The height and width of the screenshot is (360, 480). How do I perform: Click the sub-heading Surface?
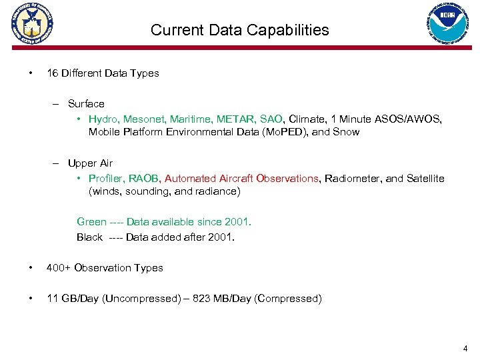pyautogui.click(x=86, y=104)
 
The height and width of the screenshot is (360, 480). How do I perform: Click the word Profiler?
pyautogui.click(x=105, y=179)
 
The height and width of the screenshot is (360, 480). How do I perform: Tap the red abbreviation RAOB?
pyautogui.click(x=143, y=179)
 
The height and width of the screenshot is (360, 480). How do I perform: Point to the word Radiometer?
pyautogui.click(x=351, y=179)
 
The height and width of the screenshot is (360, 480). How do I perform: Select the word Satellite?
pyautogui.click(x=425, y=179)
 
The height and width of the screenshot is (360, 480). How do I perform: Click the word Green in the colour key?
pyautogui.click(x=91, y=222)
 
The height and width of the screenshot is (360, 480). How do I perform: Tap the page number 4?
pyautogui.click(x=465, y=348)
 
